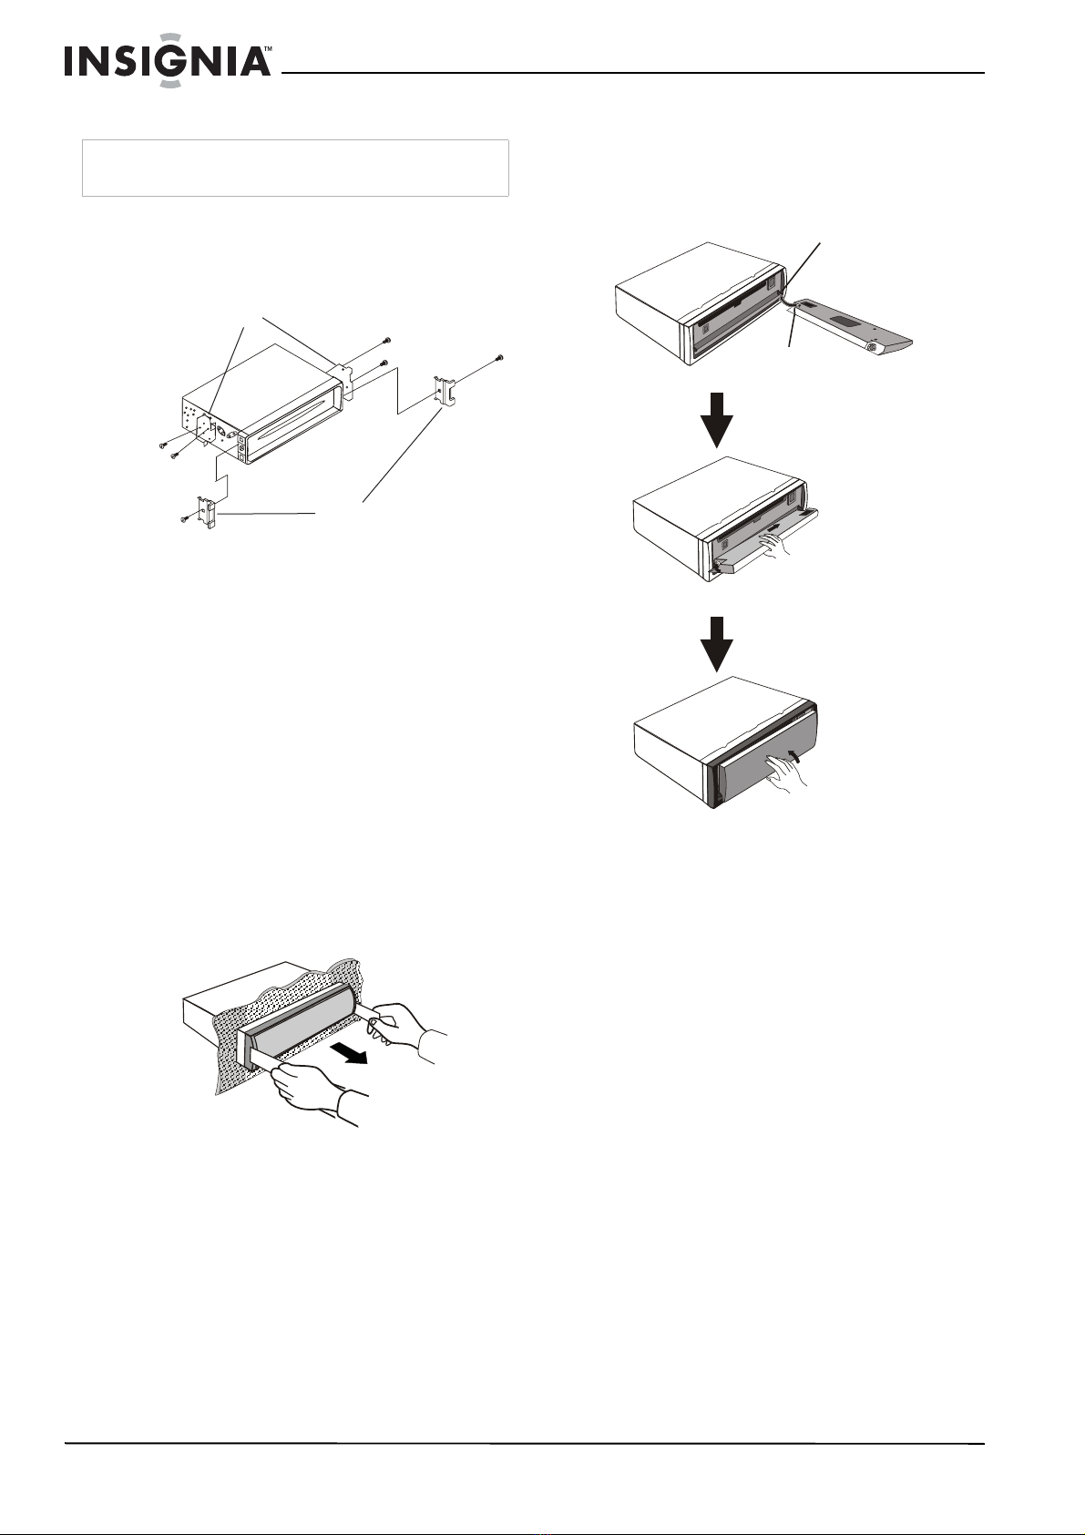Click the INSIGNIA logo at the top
pyautogui.click(x=168, y=60)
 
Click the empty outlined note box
pyautogui.click(x=295, y=169)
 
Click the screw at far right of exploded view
pyautogui.click(x=499, y=357)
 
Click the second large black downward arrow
pyautogui.click(x=717, y=644)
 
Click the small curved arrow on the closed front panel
pyautogui.click(x=794, y=755)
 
